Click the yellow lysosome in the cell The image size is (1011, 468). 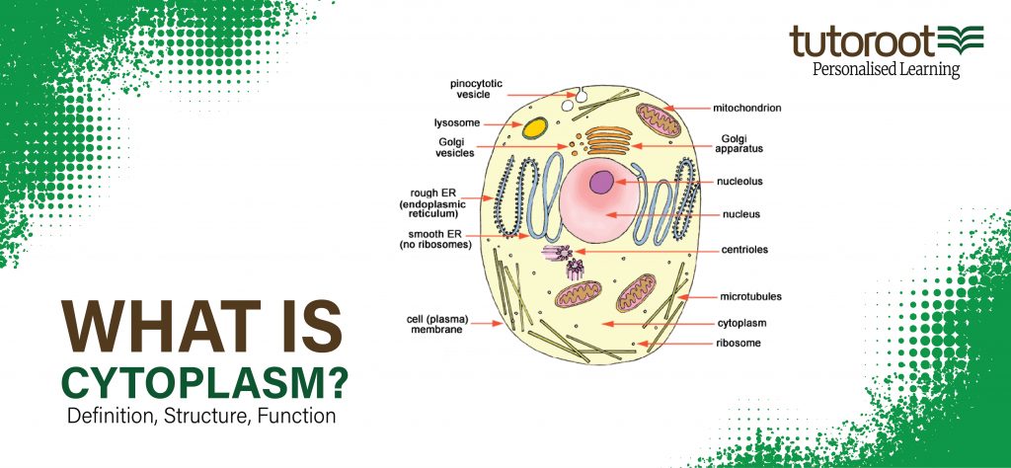coord(534,127)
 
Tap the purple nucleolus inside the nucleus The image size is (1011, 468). coord(601,182)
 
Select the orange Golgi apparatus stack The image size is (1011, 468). coord(608,140)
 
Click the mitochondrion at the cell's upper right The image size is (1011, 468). coord(659,120)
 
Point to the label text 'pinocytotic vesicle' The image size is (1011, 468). coord(476,89)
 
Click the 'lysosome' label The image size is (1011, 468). coord(457,122)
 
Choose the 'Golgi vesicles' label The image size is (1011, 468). coord(455,148)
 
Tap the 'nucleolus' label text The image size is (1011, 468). coord(739,181)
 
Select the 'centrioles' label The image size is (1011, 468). coord(744,250)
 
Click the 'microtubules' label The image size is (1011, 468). coord(750,296)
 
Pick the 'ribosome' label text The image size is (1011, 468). coord(739,343)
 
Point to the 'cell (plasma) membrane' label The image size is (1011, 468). coord(437,324)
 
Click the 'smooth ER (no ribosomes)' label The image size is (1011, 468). coord(435,239)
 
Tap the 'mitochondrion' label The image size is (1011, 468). coord(746,109)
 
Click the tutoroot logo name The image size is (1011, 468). coord(862,41)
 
